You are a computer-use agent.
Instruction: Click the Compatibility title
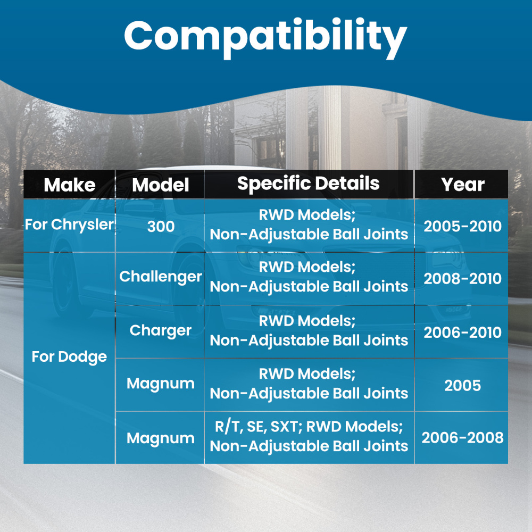(x=265, y=37)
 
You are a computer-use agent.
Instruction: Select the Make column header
(x=70, y=185)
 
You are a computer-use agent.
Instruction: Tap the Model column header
(x=161, y=185)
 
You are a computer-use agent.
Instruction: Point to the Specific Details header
(x=308, y=184)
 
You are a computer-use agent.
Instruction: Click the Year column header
(x=463, y=185)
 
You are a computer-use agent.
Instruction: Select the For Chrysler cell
(x=69, y=225)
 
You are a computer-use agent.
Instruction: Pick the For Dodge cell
(x=69, y=357)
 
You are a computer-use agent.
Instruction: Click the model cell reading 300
(x=161, y=226)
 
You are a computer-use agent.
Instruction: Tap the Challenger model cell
(x=161, y=277)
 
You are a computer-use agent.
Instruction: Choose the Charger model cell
(x=161, y=331)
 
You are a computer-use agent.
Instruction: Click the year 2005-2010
(x=462, y=226)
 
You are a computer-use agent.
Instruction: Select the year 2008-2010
(x=462, y=279)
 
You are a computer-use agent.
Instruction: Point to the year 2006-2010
(x=462, y=332)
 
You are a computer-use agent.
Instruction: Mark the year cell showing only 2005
(x=462, y=385)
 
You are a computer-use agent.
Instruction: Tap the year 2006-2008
(x=462, y=438)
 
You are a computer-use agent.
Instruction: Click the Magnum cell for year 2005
(x=161, y=384)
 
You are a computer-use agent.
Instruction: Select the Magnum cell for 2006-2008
(x=161, y=438)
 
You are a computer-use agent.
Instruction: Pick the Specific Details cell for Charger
(x=309, y=331)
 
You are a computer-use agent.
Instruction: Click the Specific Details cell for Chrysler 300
(x=309, y=225)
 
